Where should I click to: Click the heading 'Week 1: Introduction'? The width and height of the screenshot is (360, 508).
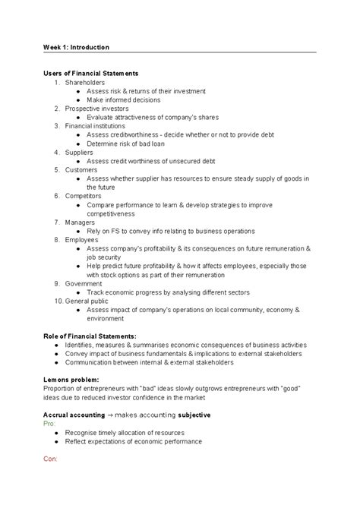point(76,47)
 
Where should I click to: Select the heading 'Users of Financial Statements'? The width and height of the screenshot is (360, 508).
point(90,73)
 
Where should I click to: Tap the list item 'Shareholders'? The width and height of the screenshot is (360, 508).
point(85,82)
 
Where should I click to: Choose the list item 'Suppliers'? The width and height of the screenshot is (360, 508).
point(79,152)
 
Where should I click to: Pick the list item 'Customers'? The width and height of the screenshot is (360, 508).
point(81,169)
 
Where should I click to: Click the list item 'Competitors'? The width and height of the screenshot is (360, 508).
point(83,195)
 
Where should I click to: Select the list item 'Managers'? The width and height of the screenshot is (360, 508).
point(80,222)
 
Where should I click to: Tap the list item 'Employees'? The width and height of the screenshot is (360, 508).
point(82,239)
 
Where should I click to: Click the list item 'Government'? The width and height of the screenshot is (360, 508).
point(84,282)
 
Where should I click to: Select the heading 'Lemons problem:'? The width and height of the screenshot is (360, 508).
point(70,379)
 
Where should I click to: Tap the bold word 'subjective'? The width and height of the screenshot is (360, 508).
point(194,415)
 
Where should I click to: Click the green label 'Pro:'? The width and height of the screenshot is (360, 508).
point(49,424)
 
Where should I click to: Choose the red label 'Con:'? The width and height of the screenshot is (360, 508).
point(50,459)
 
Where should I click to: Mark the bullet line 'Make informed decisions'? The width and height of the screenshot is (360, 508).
point(124,99)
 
